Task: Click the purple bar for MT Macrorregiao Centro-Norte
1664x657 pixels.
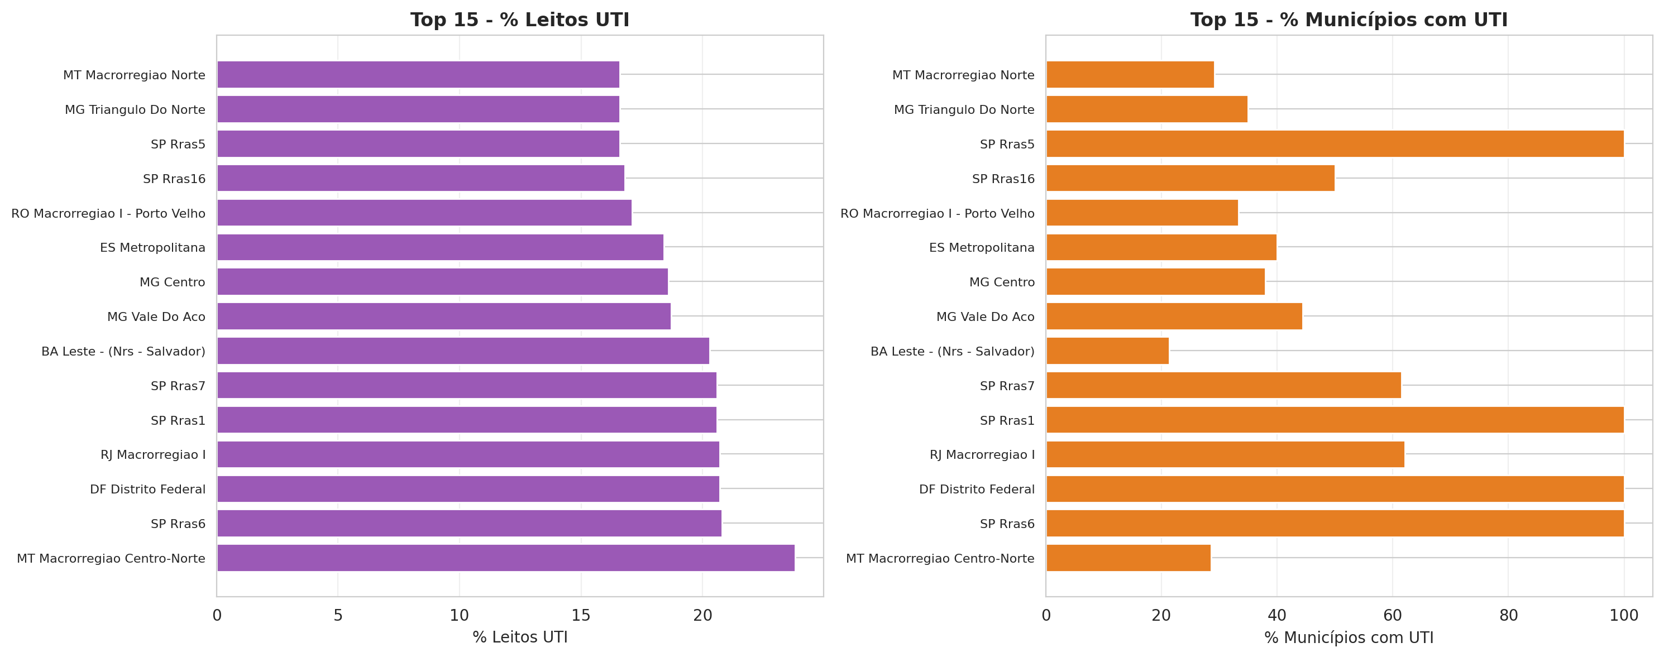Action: (506, 558)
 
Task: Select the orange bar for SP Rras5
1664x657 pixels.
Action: (1335, 143)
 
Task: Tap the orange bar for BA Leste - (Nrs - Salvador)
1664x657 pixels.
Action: (1107, 351)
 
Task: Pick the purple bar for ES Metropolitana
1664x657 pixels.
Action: (440, 247)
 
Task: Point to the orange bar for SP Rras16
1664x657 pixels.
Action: (1190, 178)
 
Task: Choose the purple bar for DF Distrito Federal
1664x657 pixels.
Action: (468, 489)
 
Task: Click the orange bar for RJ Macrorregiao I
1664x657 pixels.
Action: (1225, 454)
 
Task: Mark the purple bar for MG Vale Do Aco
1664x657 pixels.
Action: (444, 316)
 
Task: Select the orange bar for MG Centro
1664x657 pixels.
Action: (1155, 282)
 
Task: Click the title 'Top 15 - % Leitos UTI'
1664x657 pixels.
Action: (519, 20)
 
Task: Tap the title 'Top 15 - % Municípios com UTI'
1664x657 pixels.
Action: (1349, 20)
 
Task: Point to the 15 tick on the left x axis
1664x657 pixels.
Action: (581, 616)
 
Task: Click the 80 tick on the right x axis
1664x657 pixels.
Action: (1508, 616)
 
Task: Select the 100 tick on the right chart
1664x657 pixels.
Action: (1623, 616)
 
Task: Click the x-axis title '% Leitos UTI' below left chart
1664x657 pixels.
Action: (519, 637)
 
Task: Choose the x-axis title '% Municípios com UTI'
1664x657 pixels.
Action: (1349, 637)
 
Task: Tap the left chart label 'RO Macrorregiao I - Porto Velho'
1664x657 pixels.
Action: (108, 213)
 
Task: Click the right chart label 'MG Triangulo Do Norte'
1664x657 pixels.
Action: (964, 110)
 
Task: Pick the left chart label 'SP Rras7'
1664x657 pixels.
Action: (178, 386)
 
